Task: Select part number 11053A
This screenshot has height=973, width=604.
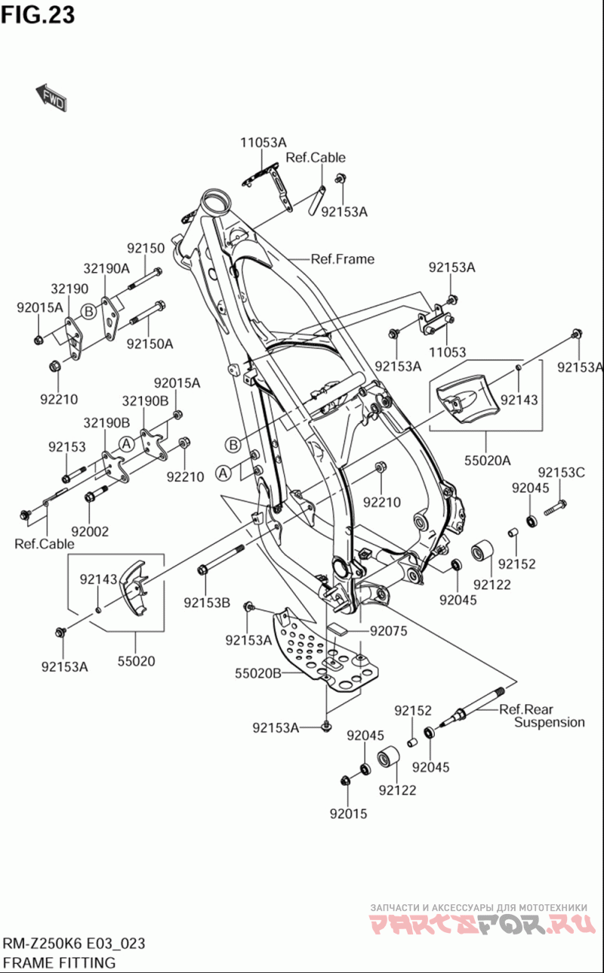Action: coord(263,142)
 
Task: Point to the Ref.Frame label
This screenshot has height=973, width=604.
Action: coord(342,259)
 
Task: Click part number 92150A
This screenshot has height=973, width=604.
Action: coord(149,344)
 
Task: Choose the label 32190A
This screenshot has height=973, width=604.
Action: coord(106,267)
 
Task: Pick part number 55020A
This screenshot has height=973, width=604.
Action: coord(486,459)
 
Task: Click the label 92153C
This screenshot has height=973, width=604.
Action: coord(562,473)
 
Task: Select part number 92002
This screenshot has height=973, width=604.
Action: coord(90,531)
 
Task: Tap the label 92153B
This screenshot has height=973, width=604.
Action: coord(206,602)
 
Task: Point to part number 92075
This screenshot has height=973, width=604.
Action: coord(389,631)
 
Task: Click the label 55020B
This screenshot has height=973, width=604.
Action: coord(258,673)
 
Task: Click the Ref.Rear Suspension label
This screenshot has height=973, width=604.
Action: coord(541,715)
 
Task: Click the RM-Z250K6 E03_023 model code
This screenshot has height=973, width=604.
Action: coord(73,944)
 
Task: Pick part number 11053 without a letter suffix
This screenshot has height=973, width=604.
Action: coord(447,352)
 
